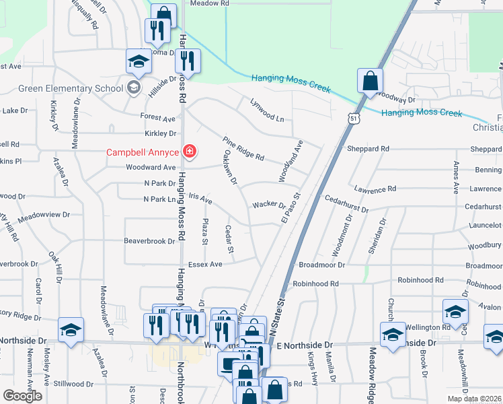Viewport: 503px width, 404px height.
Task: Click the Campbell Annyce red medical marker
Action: (190, 151)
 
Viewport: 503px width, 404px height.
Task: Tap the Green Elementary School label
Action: (71, 88)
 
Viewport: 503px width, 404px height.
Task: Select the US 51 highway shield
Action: (354, 119)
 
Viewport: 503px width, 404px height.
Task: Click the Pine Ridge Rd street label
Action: (243, 148)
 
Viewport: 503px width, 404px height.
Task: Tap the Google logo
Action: (22, 396)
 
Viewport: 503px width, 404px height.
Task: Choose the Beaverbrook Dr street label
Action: (149, 240)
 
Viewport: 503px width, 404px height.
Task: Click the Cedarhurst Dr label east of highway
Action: (346, 205)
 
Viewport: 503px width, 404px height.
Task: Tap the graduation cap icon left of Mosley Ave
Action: (71, 330)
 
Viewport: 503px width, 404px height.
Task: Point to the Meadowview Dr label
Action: (44, 215)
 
